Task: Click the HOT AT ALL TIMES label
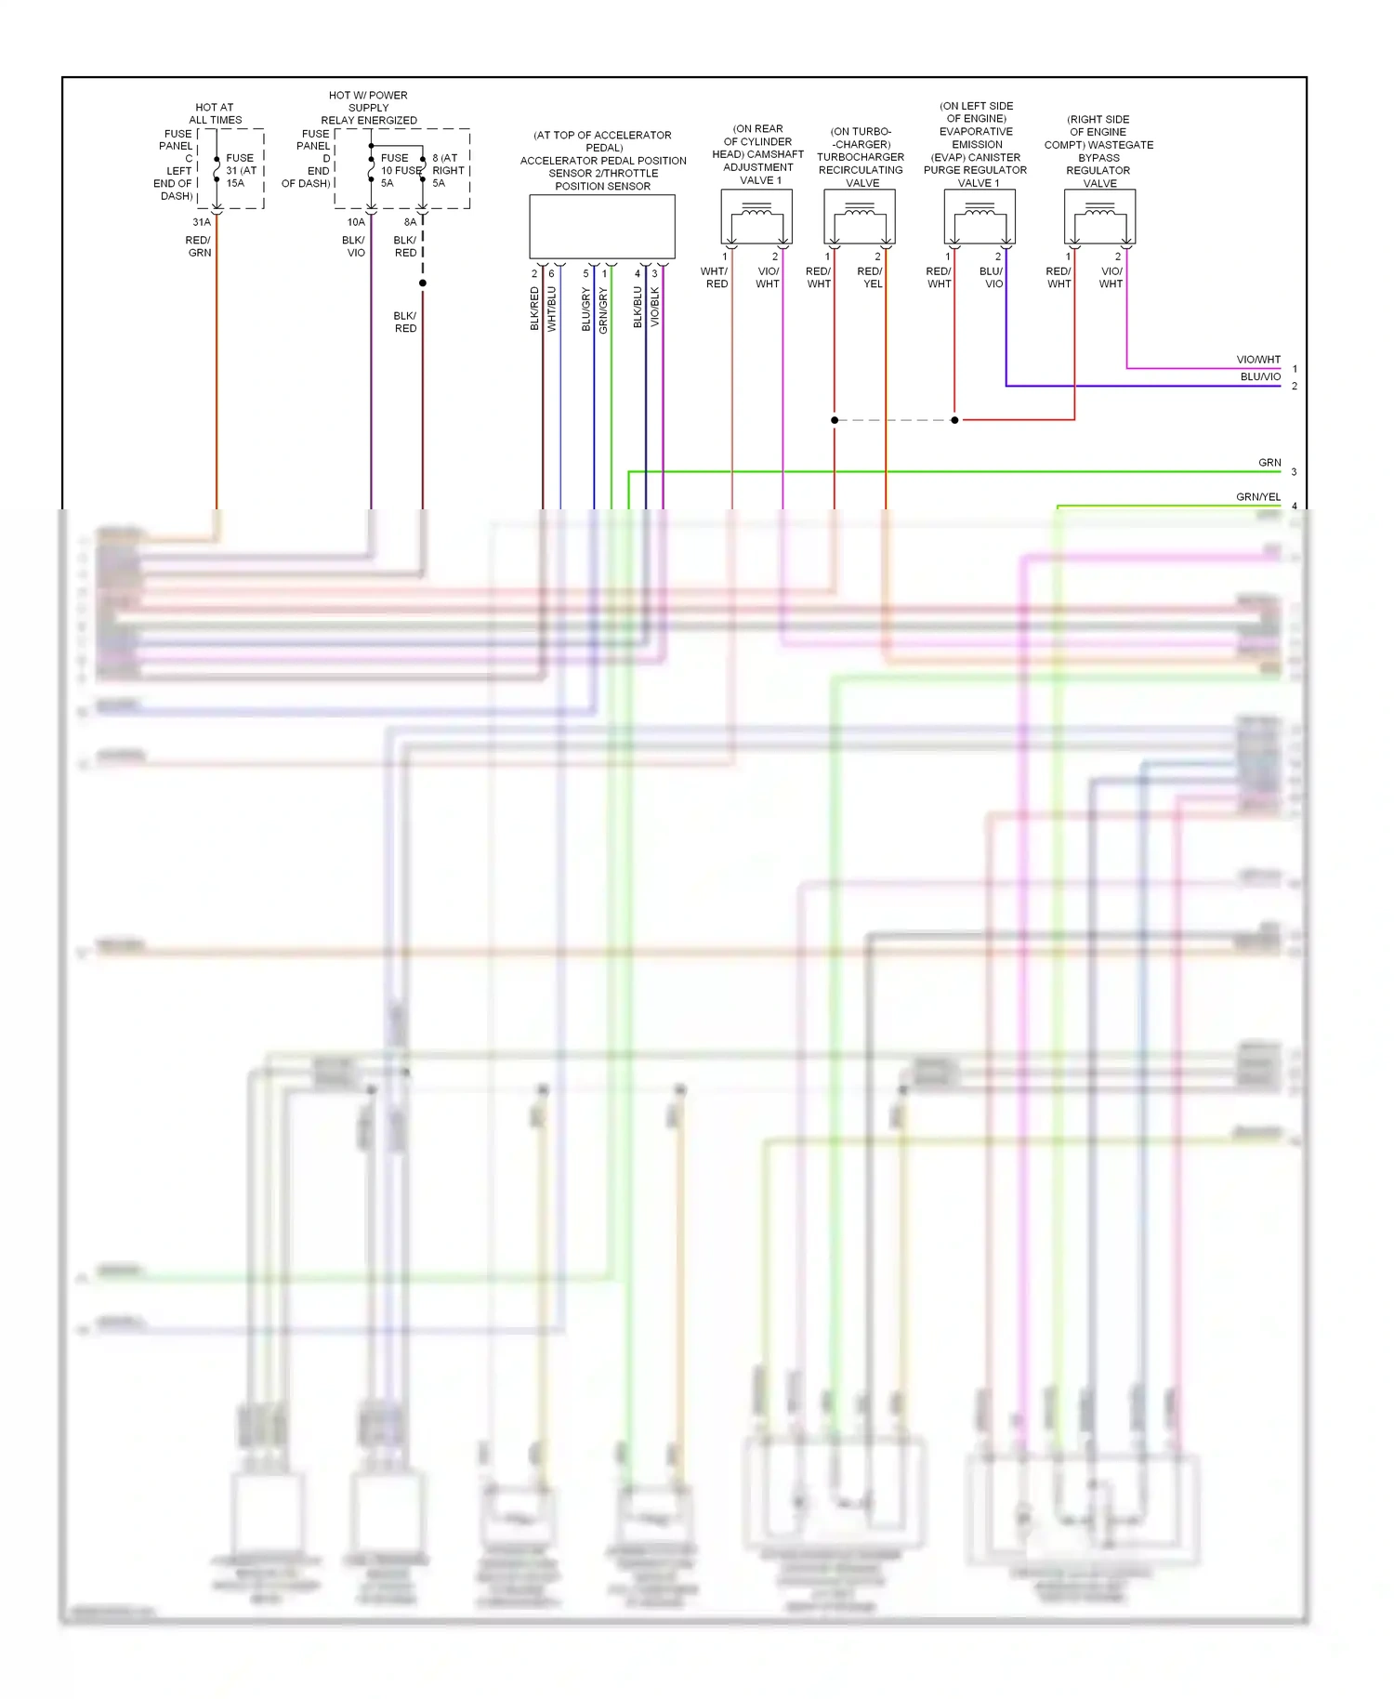pos(215,113)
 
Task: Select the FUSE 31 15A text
pos(241,170)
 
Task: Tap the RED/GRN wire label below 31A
pos(199,246)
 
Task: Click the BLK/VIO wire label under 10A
pos(354,246)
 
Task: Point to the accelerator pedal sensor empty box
pos(601,227)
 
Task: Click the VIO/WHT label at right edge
pos(1257,360)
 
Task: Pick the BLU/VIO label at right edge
pos(1259,376)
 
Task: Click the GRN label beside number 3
pos(1269,462)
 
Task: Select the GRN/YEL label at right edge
pos(1257,497)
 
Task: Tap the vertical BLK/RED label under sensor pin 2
pos(534,309)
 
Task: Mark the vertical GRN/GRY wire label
pos(603,310)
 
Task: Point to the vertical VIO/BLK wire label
pos(655,307)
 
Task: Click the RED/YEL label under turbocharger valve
pos(871,278)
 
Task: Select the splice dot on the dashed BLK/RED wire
pos(423,283)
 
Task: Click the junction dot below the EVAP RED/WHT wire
pos(954,420)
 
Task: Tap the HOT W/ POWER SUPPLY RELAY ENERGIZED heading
pos(369,108)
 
